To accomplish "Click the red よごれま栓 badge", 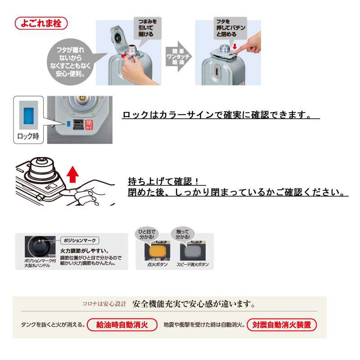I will click(41, 22).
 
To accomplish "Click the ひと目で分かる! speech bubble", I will click(147, 234).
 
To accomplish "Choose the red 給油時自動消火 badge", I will click(122, 324).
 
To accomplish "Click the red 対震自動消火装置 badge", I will click(282, 324).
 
